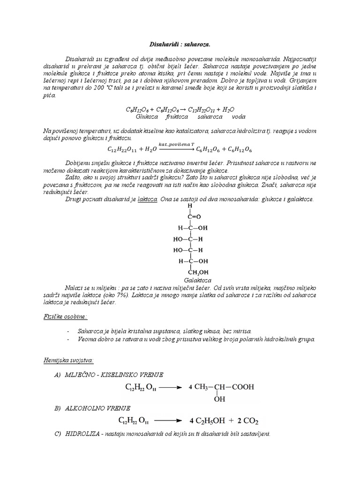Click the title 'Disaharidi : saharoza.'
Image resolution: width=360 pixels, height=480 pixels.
pos(180,45)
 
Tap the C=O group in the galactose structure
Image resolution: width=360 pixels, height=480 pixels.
pos(193,217)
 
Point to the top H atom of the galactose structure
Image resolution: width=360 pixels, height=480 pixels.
pos(190,205)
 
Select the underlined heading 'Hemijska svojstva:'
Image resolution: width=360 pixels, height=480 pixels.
pos(66,360)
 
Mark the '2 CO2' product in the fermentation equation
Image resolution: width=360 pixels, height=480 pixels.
pos(246,420)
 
